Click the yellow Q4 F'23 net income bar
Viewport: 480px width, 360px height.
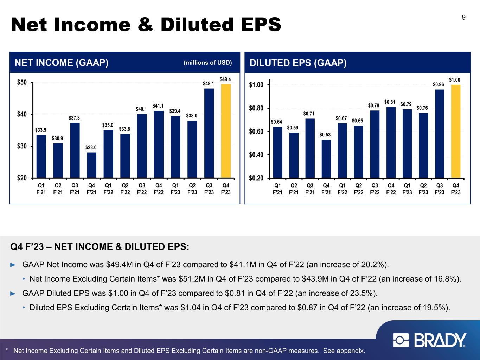coord(226,131)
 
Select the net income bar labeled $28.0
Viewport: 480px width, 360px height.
coord(91,165)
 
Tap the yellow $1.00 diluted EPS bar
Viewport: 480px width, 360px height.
coord(456,131)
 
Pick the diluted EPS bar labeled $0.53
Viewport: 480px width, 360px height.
coord(326,159)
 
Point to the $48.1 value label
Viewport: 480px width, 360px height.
coord(209,84)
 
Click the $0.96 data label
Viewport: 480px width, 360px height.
coord(439,85)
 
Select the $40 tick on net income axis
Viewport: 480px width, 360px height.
coord(23,114)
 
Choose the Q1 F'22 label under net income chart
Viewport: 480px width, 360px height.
coord(108,188)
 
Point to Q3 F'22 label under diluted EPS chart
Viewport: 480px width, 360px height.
coord(375,188)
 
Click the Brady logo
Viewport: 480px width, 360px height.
coord(430,340)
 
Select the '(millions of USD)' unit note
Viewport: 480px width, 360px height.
coord(208,63)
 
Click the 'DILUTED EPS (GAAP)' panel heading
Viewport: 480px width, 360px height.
coord(298,63)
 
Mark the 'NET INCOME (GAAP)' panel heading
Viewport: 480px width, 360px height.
coord(61,63)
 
